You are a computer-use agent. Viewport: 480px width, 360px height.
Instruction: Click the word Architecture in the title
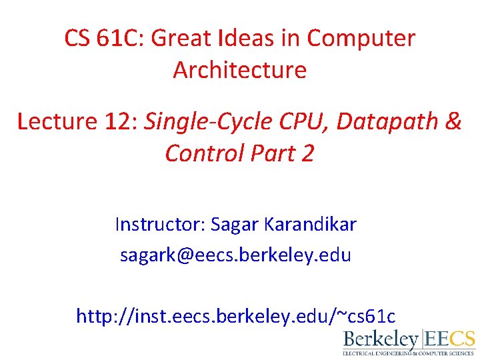(x=240, y=70)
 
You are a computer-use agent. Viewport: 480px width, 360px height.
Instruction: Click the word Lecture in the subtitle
(x=57, y=121)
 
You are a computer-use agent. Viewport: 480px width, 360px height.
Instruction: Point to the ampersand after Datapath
(x=453, y=121)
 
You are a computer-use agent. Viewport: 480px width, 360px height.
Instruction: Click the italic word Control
(x=205, y=153)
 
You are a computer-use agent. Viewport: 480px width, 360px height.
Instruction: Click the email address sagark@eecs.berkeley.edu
(x=235, y=255)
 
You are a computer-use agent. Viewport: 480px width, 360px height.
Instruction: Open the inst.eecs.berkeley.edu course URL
(x=235, y=315)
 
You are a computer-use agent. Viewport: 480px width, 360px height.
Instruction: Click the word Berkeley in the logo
(x=381, y=339)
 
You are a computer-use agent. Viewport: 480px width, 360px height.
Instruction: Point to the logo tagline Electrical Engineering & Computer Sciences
(x=409, y=353)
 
